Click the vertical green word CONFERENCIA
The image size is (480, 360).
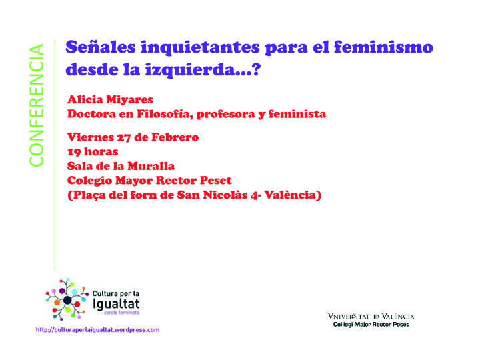click(x=37, y=105)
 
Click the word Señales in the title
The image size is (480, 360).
click(x=101, y=47)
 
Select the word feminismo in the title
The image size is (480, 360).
click(x=383, y=47)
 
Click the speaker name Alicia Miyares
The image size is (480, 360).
click(x=110, y=100)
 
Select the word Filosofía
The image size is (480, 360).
click(x=165, y=114)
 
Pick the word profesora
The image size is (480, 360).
click(x=226, y=115)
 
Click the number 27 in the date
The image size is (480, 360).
click(x=124, y=137)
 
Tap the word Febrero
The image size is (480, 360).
click(x=175, y=137)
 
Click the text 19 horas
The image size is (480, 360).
click(x=93, y=152)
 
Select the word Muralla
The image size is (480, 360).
click(x=151, y=166)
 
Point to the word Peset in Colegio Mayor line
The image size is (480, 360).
click(x=216, y=180)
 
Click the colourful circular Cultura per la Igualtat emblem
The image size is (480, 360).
click(x=67, y=299)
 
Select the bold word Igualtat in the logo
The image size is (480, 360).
click(x=116, y=304)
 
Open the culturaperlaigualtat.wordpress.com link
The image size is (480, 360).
click(x=97, y=330)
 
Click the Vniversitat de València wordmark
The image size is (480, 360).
click(x=371, y=317)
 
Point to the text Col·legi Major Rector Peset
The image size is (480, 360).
click(x=371, y=325)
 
